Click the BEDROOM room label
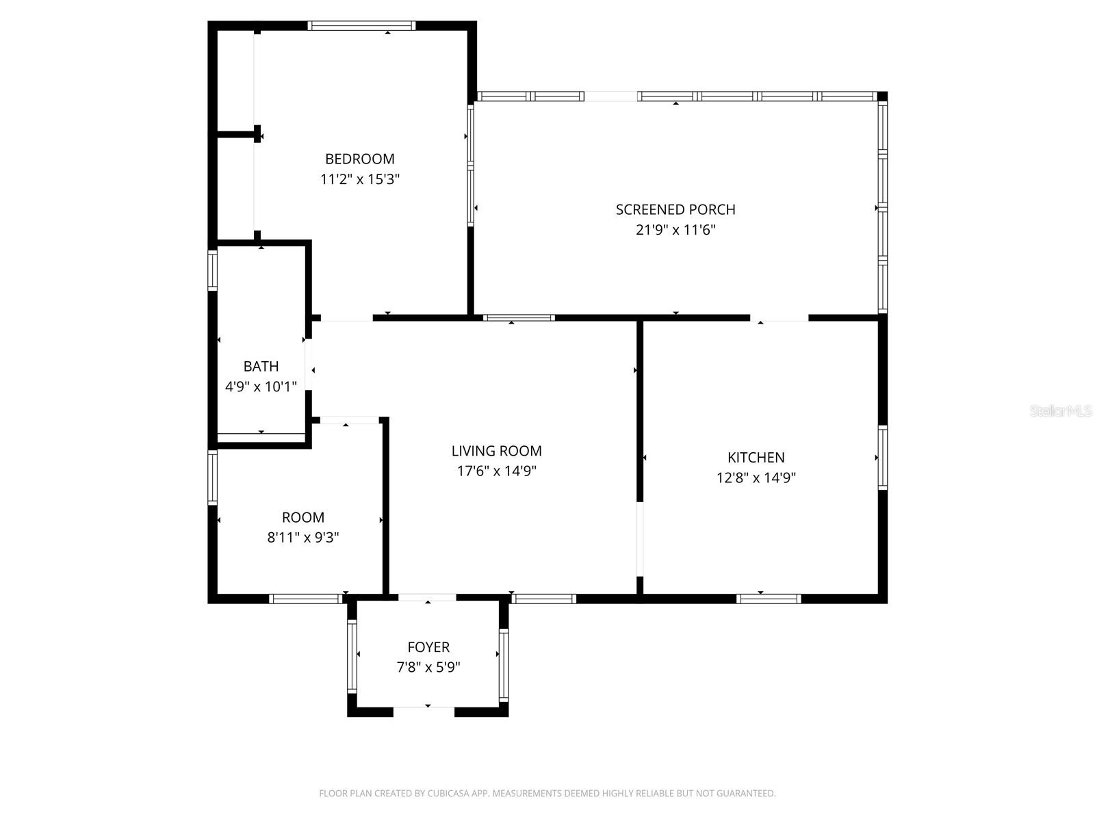tap(359, 159)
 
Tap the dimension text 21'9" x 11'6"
tap(675, 230)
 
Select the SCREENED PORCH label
tap(675, 209)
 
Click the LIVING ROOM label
tap(496, 451)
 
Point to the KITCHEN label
tap(756, 457)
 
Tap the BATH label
tap(261, 366)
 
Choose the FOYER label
tap(428, 647)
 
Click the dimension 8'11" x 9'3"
tap(303, 538)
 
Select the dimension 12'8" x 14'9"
tap(756, 478)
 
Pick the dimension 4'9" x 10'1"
tap(261, 387)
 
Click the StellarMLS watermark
tap(1060, 410)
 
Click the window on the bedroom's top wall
tap(361, 26)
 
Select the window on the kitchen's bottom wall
tap(769, 599)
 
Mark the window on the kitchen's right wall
tap(883, 457)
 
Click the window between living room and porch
tap(519, 317)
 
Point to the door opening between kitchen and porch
tap(780, 317)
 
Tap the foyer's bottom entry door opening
tap(424, 711)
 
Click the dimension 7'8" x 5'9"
tap(428, 667)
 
